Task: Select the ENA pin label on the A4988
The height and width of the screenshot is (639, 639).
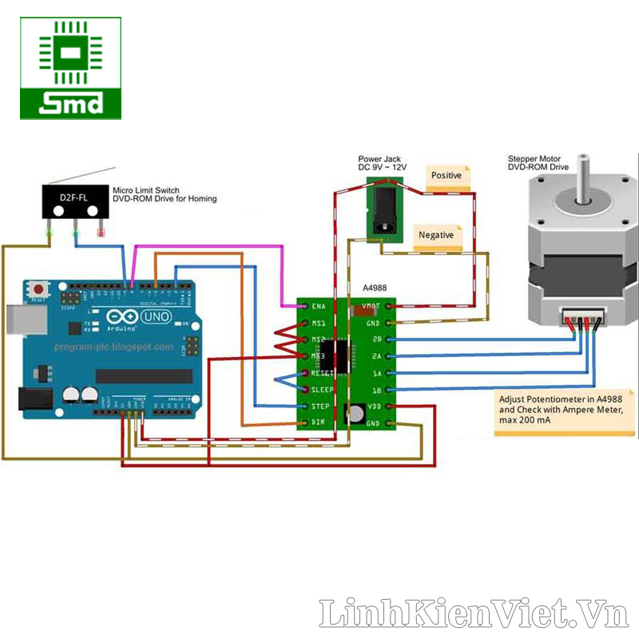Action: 318,306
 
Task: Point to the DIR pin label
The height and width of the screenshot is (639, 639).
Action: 318,422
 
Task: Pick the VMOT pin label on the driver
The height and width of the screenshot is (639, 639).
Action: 371,306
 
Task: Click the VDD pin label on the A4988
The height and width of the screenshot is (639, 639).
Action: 372,407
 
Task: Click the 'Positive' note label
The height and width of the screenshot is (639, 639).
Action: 447,176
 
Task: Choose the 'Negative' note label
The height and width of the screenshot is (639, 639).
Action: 436,236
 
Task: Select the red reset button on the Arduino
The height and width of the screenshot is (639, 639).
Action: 37,288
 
